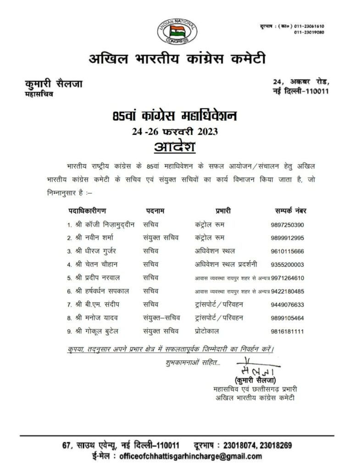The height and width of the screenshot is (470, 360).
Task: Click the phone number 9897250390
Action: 288,225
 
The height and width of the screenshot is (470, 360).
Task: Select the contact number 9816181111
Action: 288,331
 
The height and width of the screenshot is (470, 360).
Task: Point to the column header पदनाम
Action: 155,211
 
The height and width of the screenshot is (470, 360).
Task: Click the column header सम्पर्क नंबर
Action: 288,211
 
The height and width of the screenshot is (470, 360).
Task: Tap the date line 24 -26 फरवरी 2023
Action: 174,131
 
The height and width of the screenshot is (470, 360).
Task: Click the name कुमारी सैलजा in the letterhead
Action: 53,84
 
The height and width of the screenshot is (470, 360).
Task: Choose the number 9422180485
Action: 288,291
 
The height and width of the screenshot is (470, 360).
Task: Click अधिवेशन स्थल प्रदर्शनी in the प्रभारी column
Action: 225,264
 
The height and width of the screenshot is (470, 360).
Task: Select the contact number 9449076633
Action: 288,305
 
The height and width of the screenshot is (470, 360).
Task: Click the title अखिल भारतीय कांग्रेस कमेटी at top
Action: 177,59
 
